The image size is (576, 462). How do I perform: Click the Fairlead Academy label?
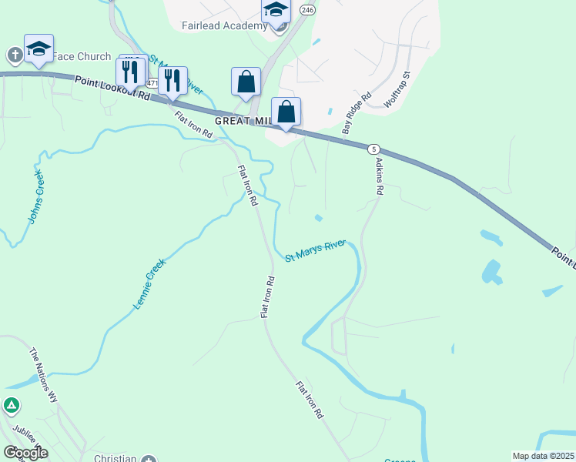(x=223, y=25)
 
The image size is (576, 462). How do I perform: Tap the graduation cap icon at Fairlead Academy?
(x=276, y=12)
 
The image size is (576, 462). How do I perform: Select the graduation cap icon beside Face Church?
(x=39, y=49)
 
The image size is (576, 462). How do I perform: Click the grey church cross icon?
(x=15, y=55)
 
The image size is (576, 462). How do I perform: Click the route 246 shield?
(x=308, y=10)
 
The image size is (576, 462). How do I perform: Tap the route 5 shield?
(x=373, y=149)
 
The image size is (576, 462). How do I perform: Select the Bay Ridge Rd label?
(x=357, y=114)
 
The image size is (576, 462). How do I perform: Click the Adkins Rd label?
(x=379, y=176)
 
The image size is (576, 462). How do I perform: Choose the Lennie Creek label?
(x=149, y=283)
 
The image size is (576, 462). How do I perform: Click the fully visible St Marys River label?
(x=316, y=251)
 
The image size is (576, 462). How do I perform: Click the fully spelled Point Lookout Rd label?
(x=113, y=85)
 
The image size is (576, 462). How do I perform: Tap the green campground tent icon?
(x=11, y=405)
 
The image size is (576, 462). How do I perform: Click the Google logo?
(x=25, y=453)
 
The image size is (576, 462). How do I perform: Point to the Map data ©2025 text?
(x=542, y=456)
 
